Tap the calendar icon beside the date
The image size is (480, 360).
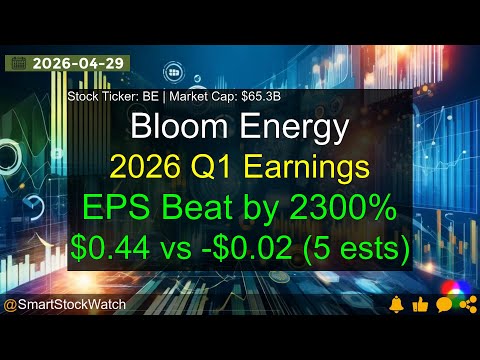pyautogui.click(x=17, y=62)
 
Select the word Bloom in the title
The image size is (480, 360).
pyautogui.click(x=174, y=128)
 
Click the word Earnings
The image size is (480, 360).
pyautogui.click(x=310, y=165)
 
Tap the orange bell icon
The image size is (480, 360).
pyautogui.click(x=397, y=303)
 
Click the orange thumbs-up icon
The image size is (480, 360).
pyautogui.click(x=421, y=303)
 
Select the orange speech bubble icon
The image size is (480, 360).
pyautogui.click(x=444, y=303)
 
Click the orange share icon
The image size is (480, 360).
pyautogui.click(x=466, y=303)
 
